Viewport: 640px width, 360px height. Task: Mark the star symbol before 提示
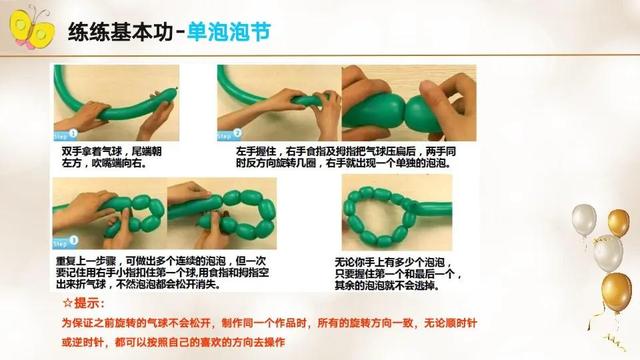coord(68,302)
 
